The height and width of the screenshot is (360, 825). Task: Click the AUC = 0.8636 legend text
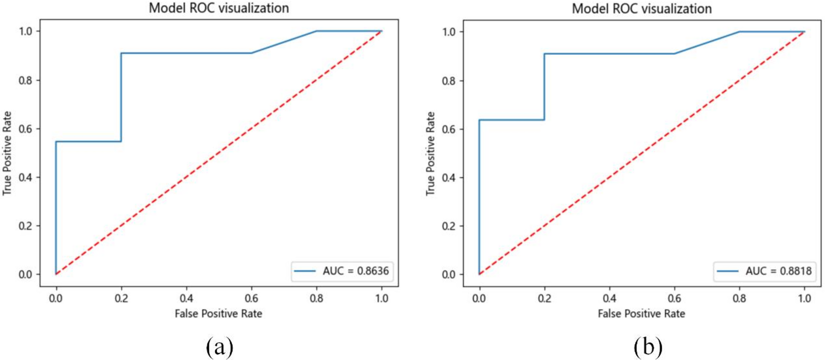tap(355, 271)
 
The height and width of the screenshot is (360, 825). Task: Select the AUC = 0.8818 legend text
tap(778, 271)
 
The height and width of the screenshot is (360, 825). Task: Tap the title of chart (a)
tap(219, 8)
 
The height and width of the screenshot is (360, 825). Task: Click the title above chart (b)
tap(642, 9)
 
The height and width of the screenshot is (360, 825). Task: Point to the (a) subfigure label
tap(219, 346)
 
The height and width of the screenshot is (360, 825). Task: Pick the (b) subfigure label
tap(648, 346)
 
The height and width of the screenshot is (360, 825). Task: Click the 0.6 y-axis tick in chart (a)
tap(25, 129)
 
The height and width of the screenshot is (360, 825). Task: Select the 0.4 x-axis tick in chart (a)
tap(186, 298)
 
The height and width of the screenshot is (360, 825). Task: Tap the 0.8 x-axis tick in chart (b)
tap(739, 298)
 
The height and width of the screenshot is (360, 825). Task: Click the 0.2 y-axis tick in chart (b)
tap(449, 226)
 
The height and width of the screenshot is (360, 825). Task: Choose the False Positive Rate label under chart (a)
tap(218, 314)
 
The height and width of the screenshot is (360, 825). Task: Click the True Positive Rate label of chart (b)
tap(430, 154)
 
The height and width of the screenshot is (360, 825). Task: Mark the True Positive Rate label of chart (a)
tap(7, 154)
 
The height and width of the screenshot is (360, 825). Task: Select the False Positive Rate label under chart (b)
tap(641, 314)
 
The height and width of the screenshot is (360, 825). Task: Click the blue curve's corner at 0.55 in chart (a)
tap(56, 142)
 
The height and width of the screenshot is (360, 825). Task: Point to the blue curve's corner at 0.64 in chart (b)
tap(479, 120)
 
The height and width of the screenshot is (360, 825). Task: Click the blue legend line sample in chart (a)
tap(305, 271)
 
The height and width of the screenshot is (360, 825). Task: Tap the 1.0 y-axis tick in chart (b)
tap(449, 32)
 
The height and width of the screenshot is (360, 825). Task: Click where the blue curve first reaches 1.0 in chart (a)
tap(316, 31)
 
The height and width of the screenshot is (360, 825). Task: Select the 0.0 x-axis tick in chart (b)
tap(479, 298)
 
